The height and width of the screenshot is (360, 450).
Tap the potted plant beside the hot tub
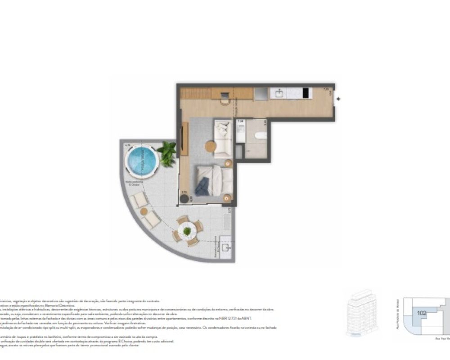pyautogui.click(x=167, y=153)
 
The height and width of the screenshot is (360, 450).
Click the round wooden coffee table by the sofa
pyautogui.click(x=211, y=146)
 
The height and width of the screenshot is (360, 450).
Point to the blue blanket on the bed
pyautogui.click(x=202, y=186)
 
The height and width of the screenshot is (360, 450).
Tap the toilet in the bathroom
pyautogui.click(x=261, y=135)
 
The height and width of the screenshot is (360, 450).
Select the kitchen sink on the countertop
pyautogui.click(x=279, y=93)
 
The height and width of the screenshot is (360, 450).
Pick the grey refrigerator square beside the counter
pyautogui.click(x=261, y=94)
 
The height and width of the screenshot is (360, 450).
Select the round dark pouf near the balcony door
pyautogui.click(x=184, y=198)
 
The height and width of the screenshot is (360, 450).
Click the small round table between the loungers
pyautogui.click(x=144, y=211)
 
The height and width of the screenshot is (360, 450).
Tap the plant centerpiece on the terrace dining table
pyautogui.click(x=187, y=231)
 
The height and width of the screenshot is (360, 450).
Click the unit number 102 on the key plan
pyautogui.click(x=422, y=313)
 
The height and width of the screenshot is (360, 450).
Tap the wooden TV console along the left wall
pyautogui.click(x=184, y=139)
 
